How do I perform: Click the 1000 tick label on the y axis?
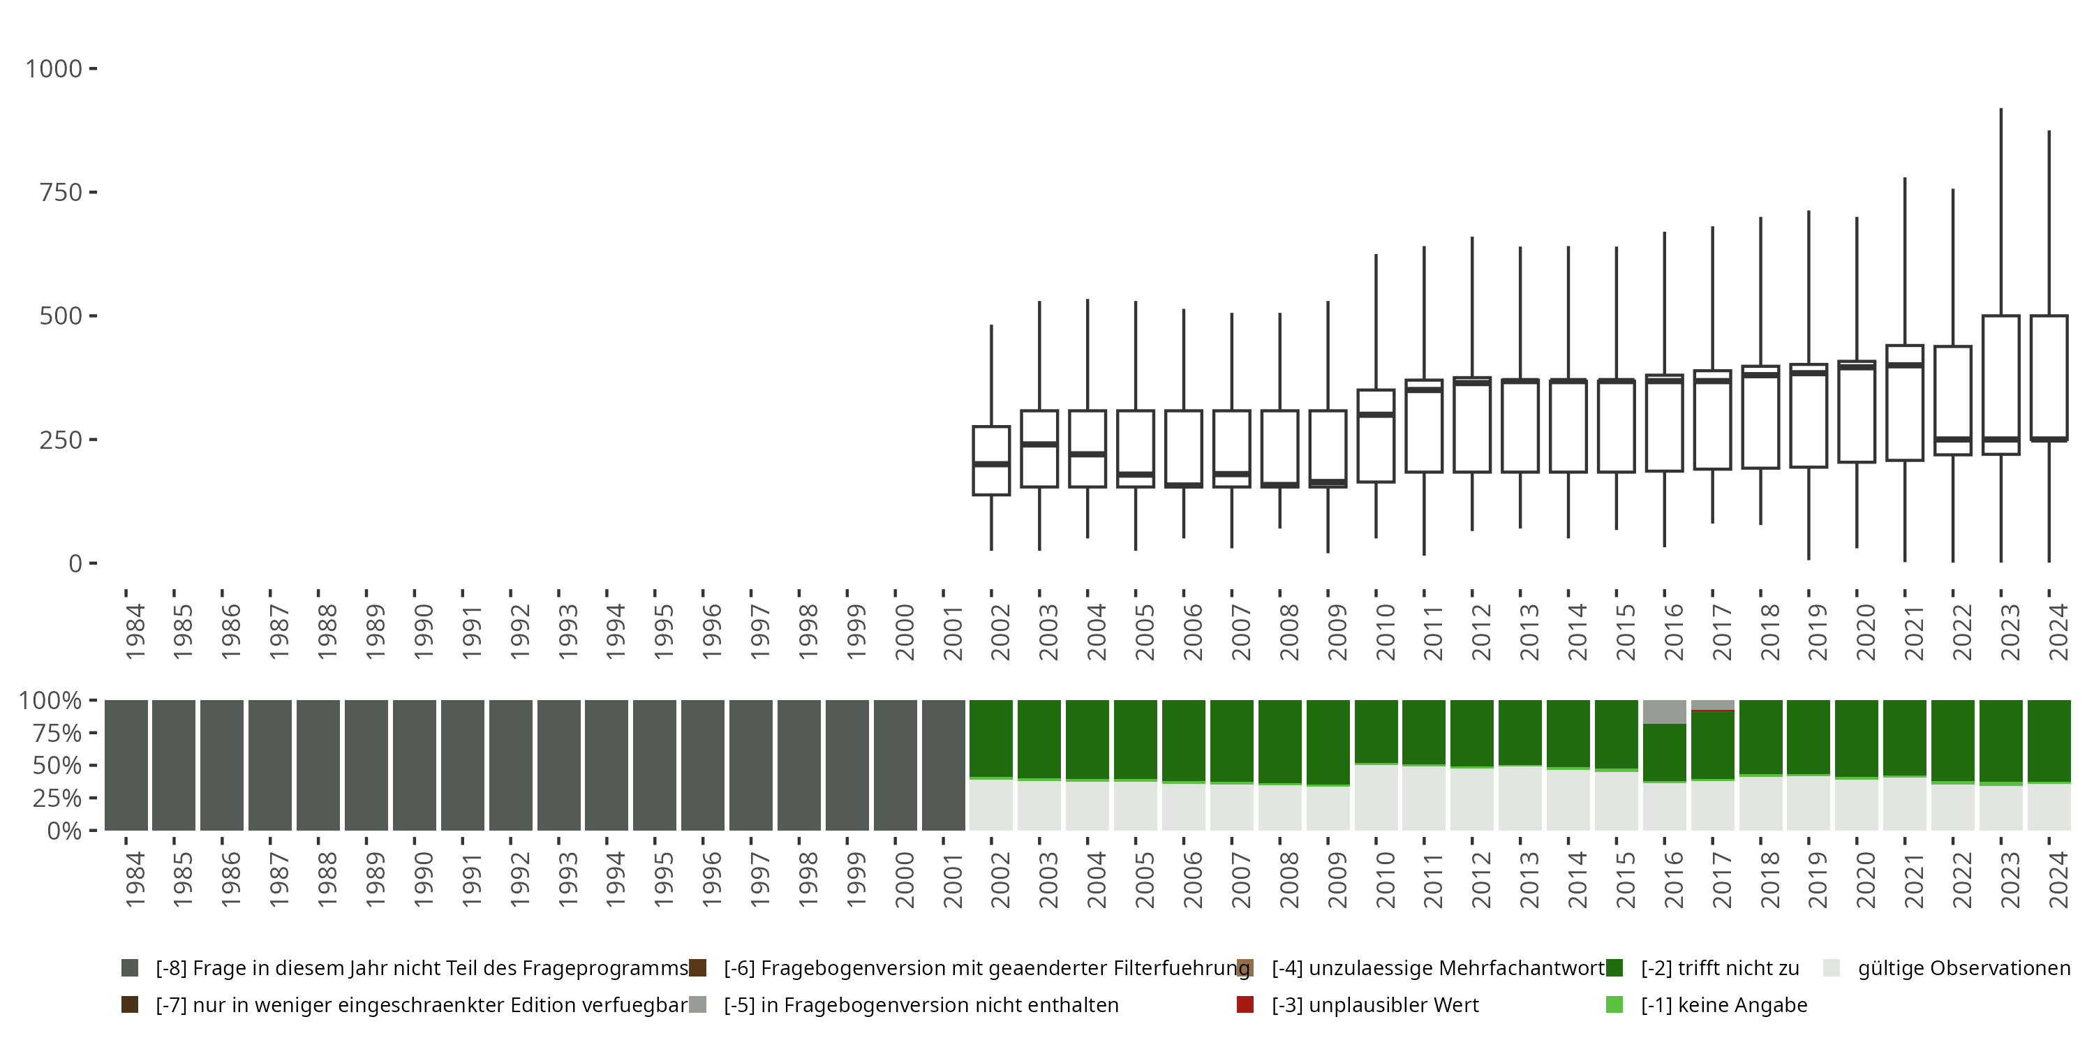(x=54, y=69)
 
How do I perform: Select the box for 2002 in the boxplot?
(x=991, y=460)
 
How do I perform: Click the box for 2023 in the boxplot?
(x=2000, y=385)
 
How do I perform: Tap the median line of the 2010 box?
(x=1375, y=415)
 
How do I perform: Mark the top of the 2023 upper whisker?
(x=2000, y=109)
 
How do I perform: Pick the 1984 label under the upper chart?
(x=134, y=632)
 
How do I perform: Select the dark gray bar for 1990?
(x=415, y=765)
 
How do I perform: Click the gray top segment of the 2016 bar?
(x=1665, y=711)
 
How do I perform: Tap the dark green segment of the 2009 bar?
(x=1328, y=741)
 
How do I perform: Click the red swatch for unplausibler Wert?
(x=1245, y=1004)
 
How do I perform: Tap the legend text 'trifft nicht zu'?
(x=1719, y=968)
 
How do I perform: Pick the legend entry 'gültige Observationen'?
(x=1963, y=968)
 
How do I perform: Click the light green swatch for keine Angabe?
(x=1614, y=1004)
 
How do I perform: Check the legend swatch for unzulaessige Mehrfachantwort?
(x=1245, y=968)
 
